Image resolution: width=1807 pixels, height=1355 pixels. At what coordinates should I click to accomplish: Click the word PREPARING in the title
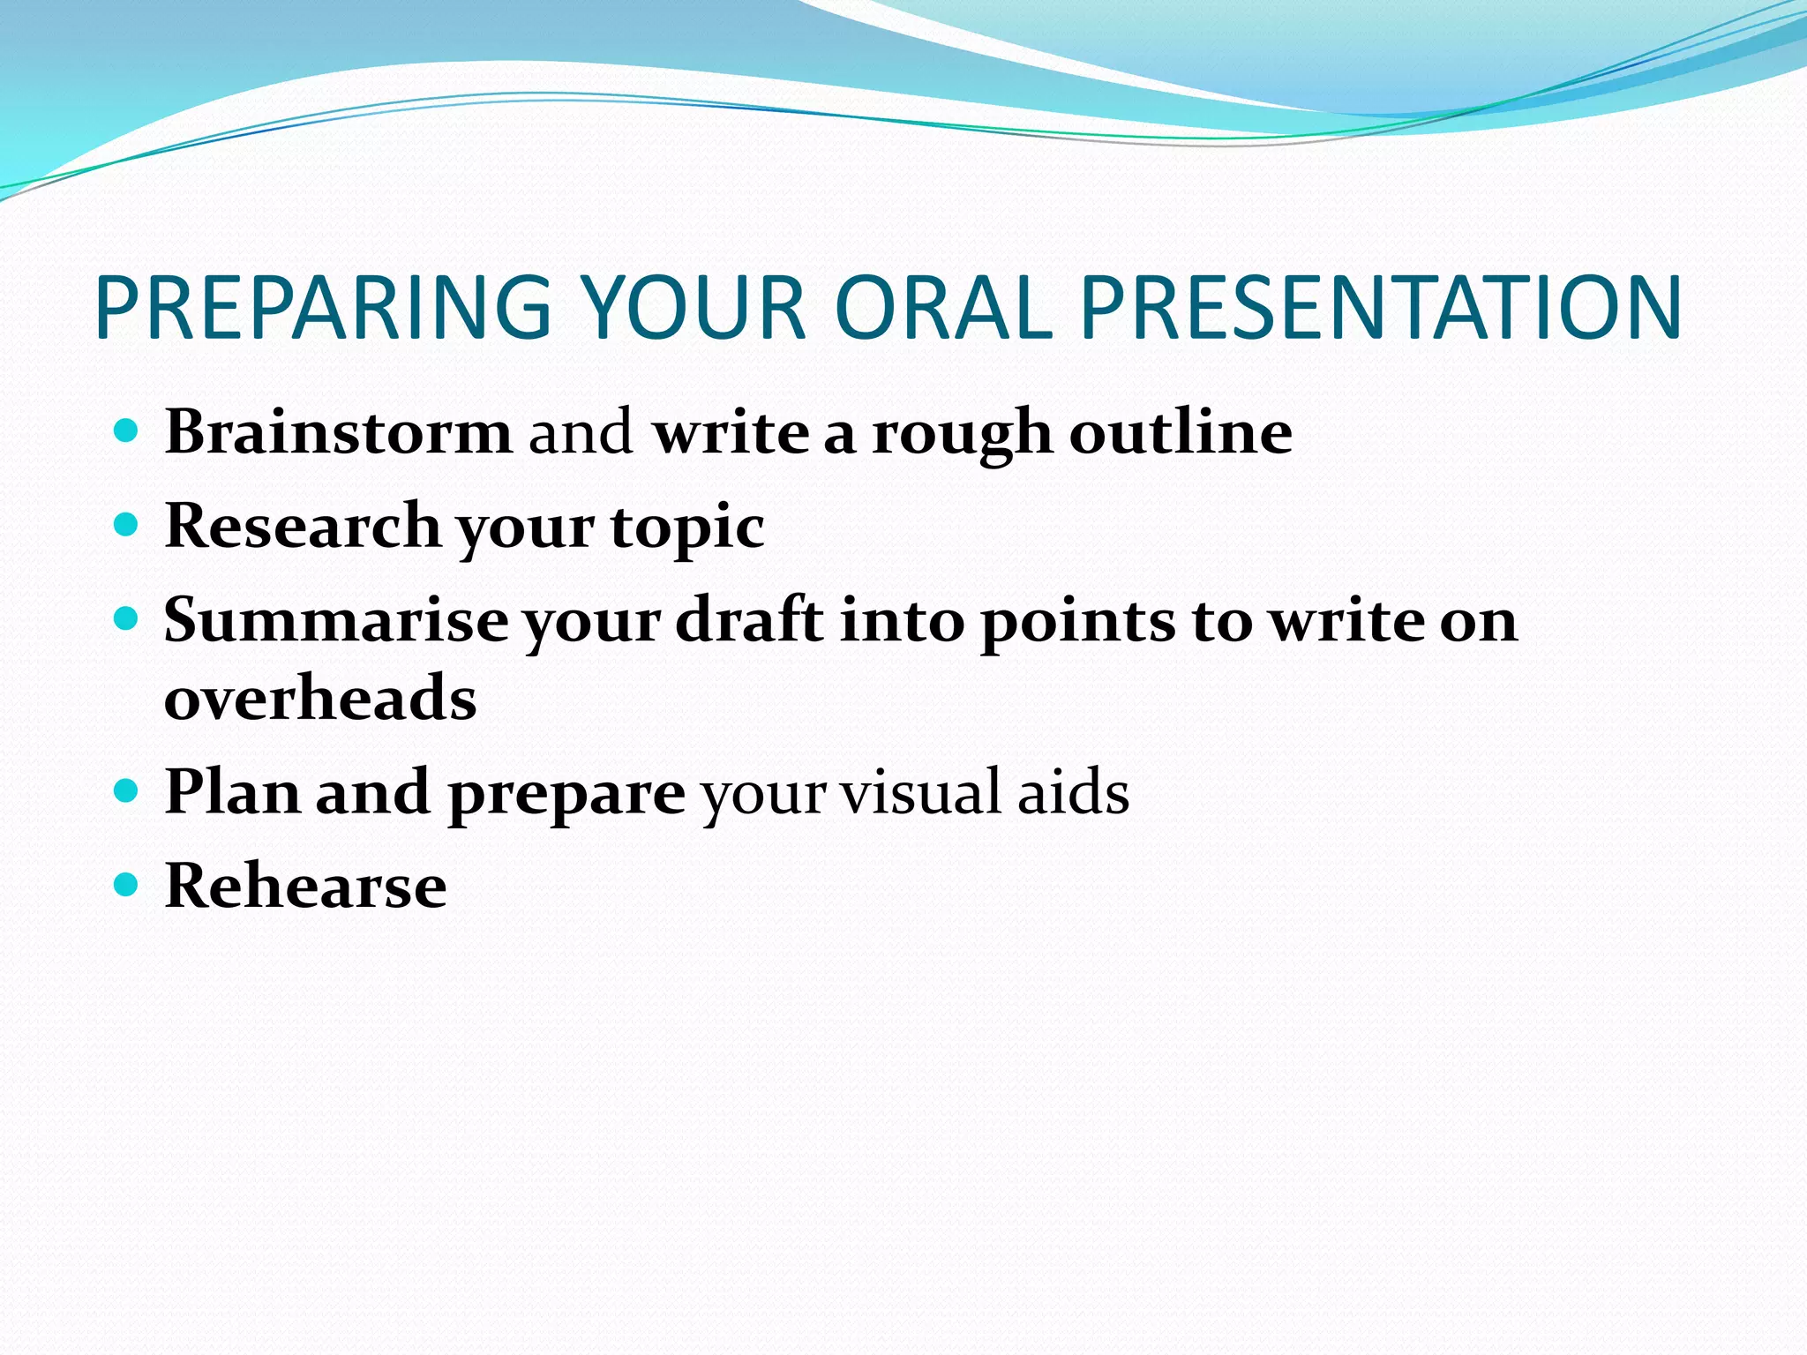pos(323,308)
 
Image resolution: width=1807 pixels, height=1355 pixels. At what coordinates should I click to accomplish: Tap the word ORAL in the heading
pos(942,308)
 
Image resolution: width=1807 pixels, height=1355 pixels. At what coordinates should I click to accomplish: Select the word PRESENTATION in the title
pos(1380,308)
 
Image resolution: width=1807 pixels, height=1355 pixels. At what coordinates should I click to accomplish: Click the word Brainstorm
pos(339,432)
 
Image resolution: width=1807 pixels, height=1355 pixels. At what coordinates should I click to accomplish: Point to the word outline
pos(1181,432)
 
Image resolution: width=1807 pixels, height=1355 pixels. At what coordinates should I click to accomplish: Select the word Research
pos(303,526)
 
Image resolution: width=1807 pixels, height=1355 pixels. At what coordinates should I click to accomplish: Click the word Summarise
pos(336,620)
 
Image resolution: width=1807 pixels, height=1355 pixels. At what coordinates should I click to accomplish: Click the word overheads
pos(320,698)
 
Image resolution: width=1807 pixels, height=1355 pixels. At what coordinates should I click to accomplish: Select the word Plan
pos(232,791)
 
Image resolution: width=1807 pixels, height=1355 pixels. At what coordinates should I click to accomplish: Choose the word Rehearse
pos(305,886)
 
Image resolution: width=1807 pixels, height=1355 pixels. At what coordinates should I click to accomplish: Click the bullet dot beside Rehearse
pos(127,884)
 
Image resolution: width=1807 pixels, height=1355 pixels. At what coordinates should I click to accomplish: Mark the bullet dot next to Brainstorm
pos(127,431)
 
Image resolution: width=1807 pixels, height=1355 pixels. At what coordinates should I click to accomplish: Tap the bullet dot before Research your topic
pos(127,525)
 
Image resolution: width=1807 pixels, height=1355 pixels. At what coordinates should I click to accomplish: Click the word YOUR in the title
pos(694,308)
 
